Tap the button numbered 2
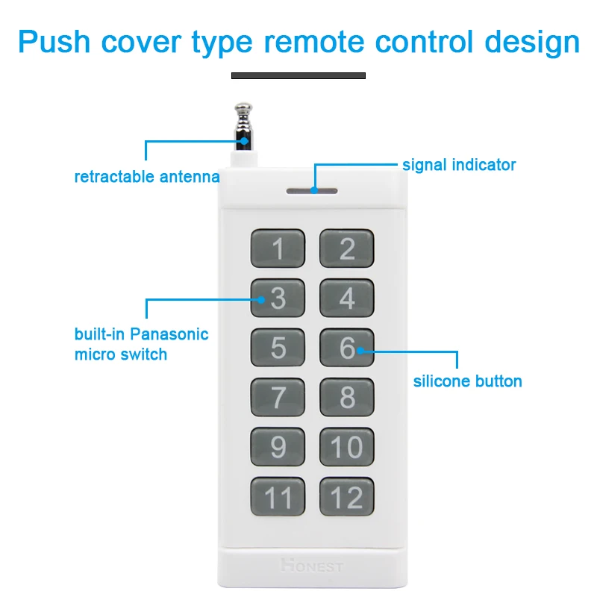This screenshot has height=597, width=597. coord(347,249)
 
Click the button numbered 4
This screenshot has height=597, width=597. coord(347,298)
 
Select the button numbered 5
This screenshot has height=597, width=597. coord(278,348)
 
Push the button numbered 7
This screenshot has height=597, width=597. coord(278,397)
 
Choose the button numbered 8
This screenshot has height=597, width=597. coord(347,397)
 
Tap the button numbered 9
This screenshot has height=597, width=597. coord(278,446)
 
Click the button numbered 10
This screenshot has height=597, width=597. coord(347,446)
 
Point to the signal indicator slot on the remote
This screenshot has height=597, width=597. coord(311,190)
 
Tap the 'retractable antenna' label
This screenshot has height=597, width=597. coord(147,178)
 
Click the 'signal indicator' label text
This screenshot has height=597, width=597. coord(459,165)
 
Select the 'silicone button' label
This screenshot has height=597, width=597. coord(468,381)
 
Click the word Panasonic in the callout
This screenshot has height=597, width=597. coord(171,334)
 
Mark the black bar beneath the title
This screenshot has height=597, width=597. coord(298,75)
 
